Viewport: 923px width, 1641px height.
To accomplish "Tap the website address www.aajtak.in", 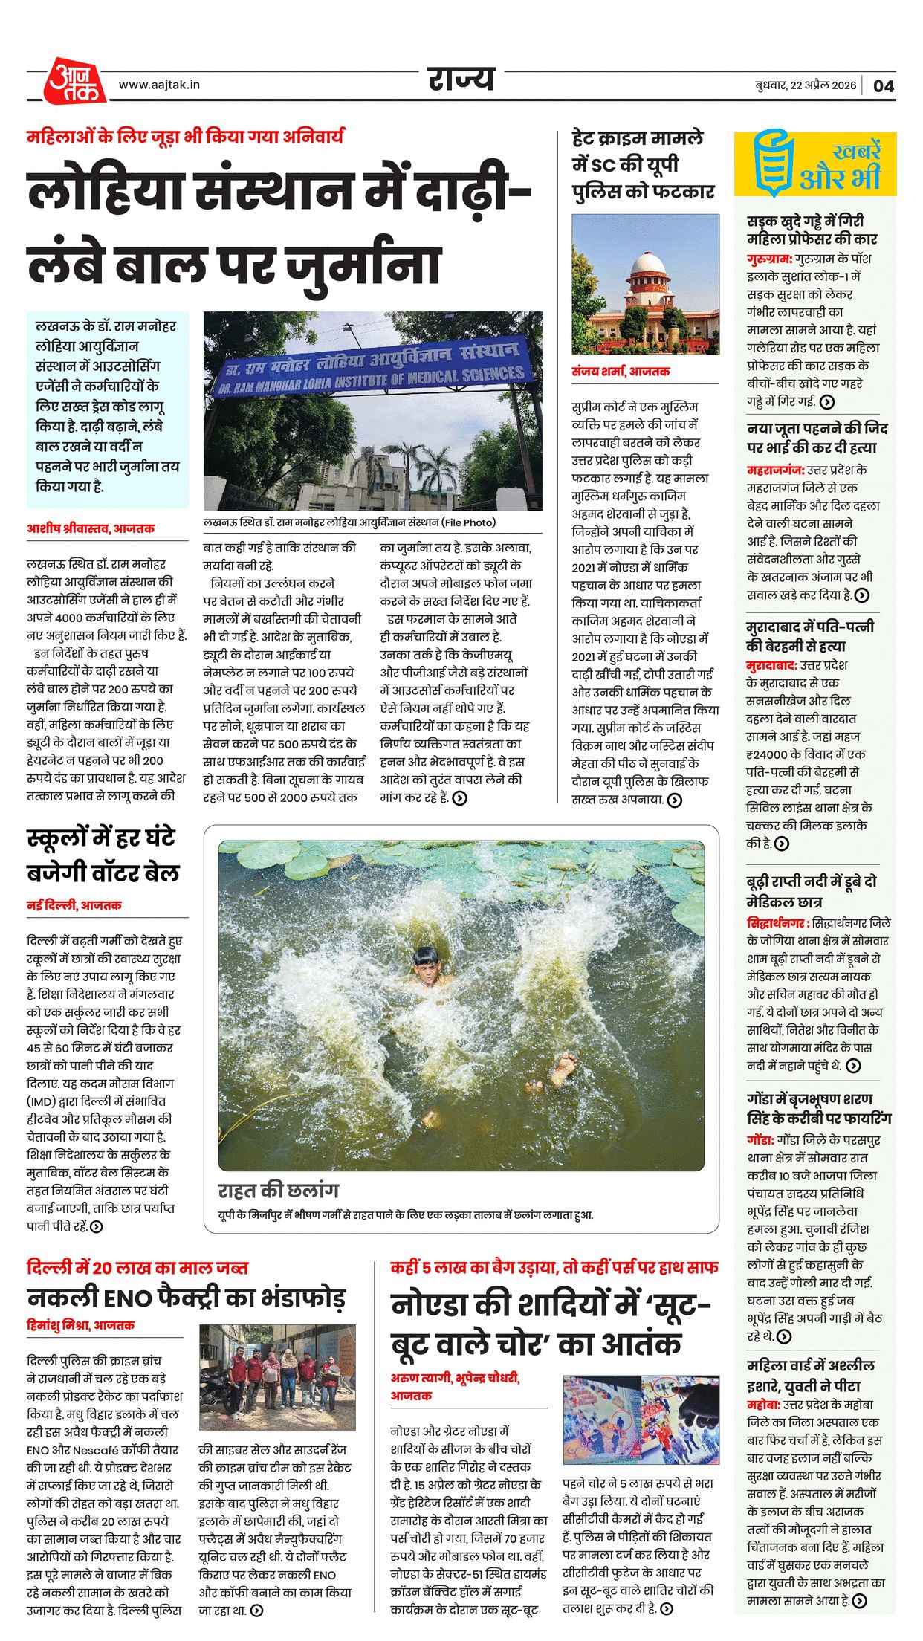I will coord(159,85).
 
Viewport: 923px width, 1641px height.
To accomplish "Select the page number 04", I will coord(883,85).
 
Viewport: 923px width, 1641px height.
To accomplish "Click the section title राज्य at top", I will coord(461,79).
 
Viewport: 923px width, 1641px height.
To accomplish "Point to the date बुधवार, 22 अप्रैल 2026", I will coord(806,85).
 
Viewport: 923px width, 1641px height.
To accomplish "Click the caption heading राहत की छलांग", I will coord(278,1191).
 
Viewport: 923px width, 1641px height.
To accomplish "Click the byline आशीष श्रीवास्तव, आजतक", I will coord(91,528).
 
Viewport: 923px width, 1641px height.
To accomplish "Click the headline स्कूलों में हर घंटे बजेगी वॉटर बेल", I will coord(103,854).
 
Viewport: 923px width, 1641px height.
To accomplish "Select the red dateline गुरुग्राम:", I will coord(769,259).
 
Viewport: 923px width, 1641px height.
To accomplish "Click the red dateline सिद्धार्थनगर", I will coord(777,923).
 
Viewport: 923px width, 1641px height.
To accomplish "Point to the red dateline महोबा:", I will coord(763,1405).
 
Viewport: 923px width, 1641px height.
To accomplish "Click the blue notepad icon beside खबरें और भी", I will coord(773,163).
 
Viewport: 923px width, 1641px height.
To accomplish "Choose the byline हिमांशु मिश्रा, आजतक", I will coord(80,1324).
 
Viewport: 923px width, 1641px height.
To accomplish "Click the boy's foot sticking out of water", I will coord(563,1068).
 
